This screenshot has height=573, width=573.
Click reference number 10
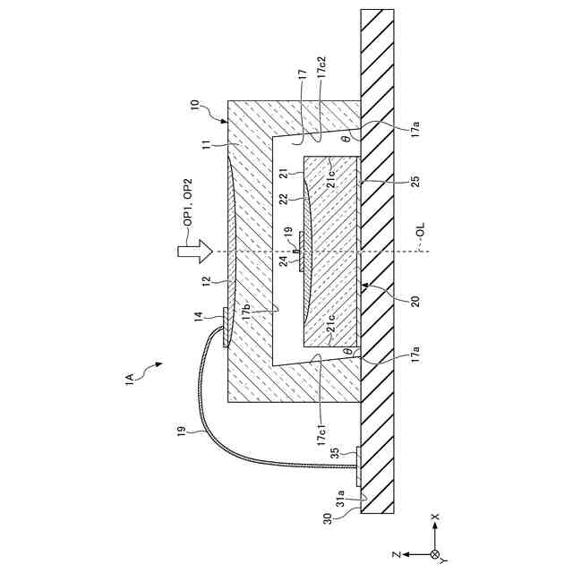(x=195, y=106)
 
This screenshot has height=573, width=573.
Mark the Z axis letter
(x=394, y=554)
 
